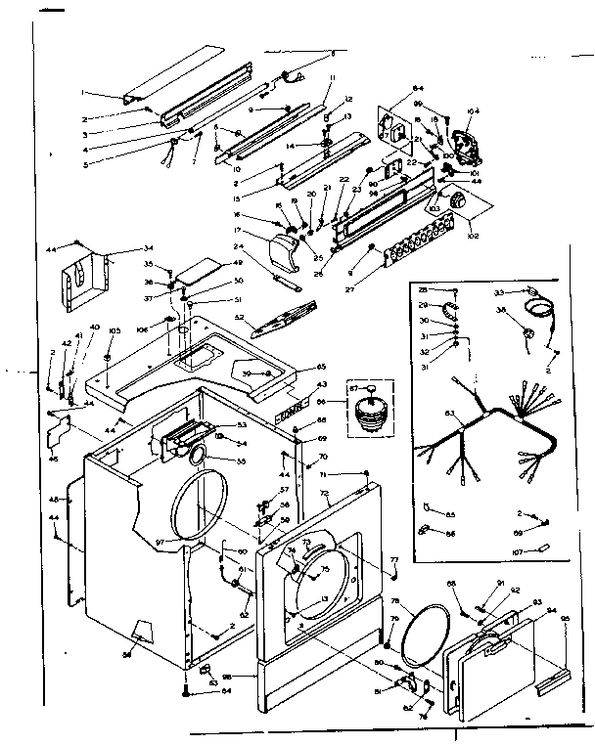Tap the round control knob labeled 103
[455, 200]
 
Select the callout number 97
[160, 542]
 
